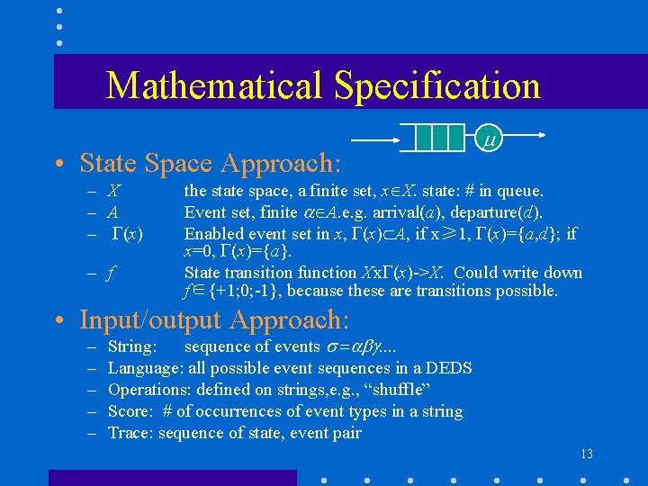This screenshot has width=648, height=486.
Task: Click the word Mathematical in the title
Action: point(215,85)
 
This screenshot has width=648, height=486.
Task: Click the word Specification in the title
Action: point(437,85)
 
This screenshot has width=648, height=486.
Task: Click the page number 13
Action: point(587,454)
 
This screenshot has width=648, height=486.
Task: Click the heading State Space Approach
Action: point(211,163)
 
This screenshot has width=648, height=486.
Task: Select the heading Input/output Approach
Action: point(214,319)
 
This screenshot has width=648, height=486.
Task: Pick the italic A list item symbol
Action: point(113,212)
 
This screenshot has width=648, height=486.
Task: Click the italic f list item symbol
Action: point(111,273)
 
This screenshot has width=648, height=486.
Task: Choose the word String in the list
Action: point(131,346)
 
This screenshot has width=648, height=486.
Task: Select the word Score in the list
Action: point(129,411)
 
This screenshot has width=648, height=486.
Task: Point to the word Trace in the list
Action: point(128,433)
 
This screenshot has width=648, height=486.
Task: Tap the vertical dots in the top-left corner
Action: point(58,26)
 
